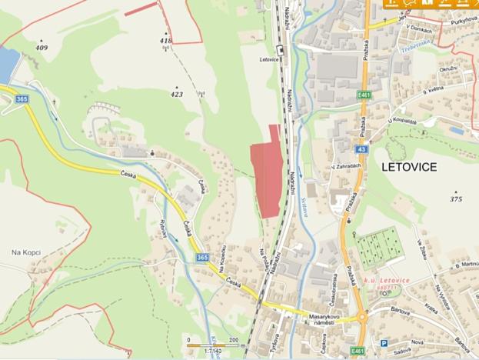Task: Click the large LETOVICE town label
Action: coord(408,166)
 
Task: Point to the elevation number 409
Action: coord(42,48)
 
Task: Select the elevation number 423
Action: coord(177,95)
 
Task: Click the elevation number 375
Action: coord(456,199)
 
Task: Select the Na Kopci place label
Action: coord(25,252)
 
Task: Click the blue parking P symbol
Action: coord(383,343)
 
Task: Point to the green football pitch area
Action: coord(378,247)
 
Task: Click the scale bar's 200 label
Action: coord(231,338)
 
